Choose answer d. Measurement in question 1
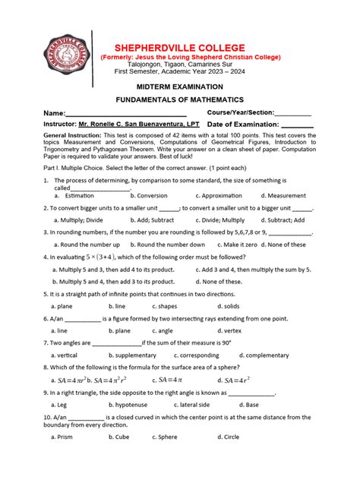coord(283,195)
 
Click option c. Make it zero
coord(237,245)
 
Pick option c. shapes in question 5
coord(165,306)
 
